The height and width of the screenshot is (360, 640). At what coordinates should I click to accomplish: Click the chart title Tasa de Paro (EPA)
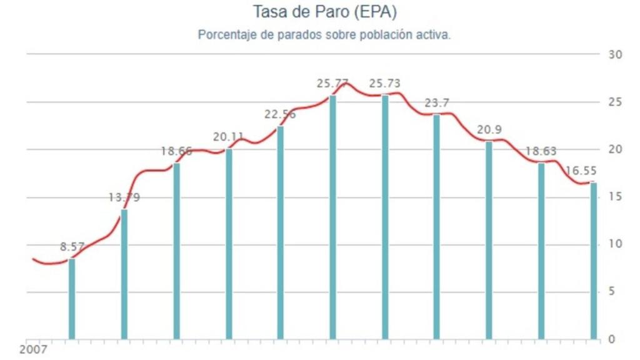coord(324,12)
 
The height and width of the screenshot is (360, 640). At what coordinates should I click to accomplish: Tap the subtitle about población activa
coord(324,35)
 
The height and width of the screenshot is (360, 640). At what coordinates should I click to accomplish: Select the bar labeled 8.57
coord(72,299)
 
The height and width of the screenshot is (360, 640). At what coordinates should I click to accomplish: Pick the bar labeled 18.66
coord(177,251)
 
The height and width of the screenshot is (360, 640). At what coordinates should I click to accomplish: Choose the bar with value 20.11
coord(229,244)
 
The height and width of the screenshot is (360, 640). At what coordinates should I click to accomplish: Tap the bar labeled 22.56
coord(281,232)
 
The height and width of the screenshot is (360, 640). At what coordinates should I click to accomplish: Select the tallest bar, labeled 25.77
coord(332,217)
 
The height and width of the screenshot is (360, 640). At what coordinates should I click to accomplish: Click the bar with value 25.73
coord(385,217)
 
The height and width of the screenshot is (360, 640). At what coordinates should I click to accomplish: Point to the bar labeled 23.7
coord(437,227)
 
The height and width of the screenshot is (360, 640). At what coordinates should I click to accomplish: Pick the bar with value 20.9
coord(489,240)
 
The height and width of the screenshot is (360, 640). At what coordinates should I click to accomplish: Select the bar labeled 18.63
coord(541,251)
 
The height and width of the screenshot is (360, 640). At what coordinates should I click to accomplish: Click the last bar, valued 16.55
coord(593,261)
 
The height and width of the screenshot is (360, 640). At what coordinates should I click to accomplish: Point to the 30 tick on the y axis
coord(615,54)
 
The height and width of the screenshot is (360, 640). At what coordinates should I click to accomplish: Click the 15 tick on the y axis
coord(615,197)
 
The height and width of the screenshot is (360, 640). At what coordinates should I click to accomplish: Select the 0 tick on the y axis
coord(612,339)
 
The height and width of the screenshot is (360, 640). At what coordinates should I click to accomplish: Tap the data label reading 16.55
coord(581,171)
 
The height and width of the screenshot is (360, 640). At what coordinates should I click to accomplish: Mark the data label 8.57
coord(72,247)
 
